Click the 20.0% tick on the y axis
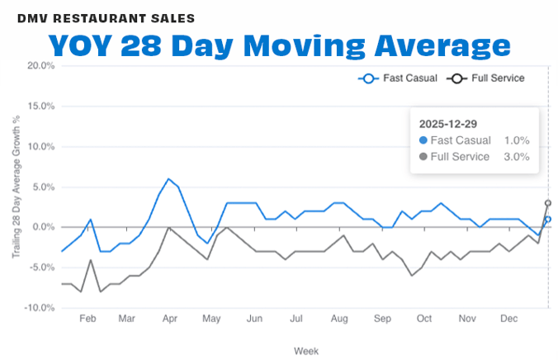pyautogui.click(x=40, y=66)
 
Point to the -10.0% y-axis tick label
pyautogui.click(x=38, y=307)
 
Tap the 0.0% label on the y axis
pyautogui.click(x=41, y=227)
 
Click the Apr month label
pyautogui.click(x=169, y=318)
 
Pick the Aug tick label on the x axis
pyautogui.click(x=338, y=318)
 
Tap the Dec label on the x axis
pyautogui.click(x=510, y=318)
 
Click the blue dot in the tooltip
pyautogui.click(x=423, y=140)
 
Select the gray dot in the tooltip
pyautogui.click(x=423, y=157)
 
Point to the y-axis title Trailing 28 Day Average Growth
pyautogui.click(x=16, y=187)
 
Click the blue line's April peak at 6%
pyautogui.click(x=168, y=178)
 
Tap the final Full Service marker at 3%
pyautogui.click(x=548, y=203)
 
